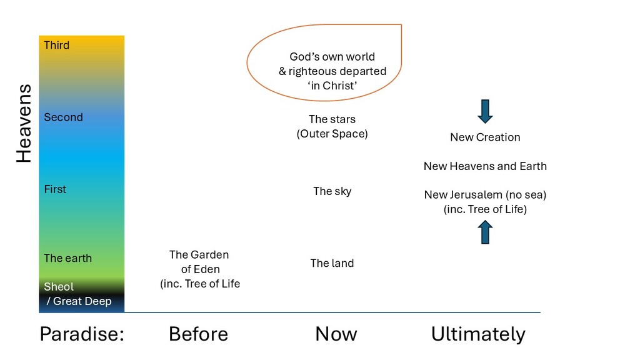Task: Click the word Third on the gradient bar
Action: pyautogui.click(x=56, y=45)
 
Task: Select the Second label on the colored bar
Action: pyautogui.click(x=63, y=117)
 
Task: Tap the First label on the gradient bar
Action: pyautogui.click(x=55, y=189)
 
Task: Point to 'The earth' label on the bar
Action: pyautogui.click(x=67, y=258)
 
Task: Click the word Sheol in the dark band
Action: pyautogui.click(x=59, y=287)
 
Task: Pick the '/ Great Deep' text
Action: pyautogui.click(x=79, y=301)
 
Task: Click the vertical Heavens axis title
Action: pyautogui.click(x=24, y=124)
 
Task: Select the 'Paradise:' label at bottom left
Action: pyautogui.click(x=82, y=334)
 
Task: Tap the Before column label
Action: pyautogui.click(x=198, y=334)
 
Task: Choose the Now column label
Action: pyautogui.click(x=336, y=334)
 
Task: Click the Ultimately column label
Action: pyautogui.click(x=478, y=334)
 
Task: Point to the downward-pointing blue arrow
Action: pyautogui.click(x=485, y=111)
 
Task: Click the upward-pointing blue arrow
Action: pyautogui.click(x=485, y=232)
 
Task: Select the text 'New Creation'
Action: pyautogui.click(x=485, y=137)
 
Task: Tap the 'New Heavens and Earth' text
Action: pyautogui.click(x=485, y=166)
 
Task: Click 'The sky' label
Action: pyautogui.click(x=332, y=191)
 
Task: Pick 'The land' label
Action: pyautogui.click(x=332, y=263)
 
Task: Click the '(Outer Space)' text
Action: pyautogui.click(x=332, y=134)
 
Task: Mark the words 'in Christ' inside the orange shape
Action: pyautogui.click(x=332, y=86)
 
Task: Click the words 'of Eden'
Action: pyautogui.click(x=199, y=269)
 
